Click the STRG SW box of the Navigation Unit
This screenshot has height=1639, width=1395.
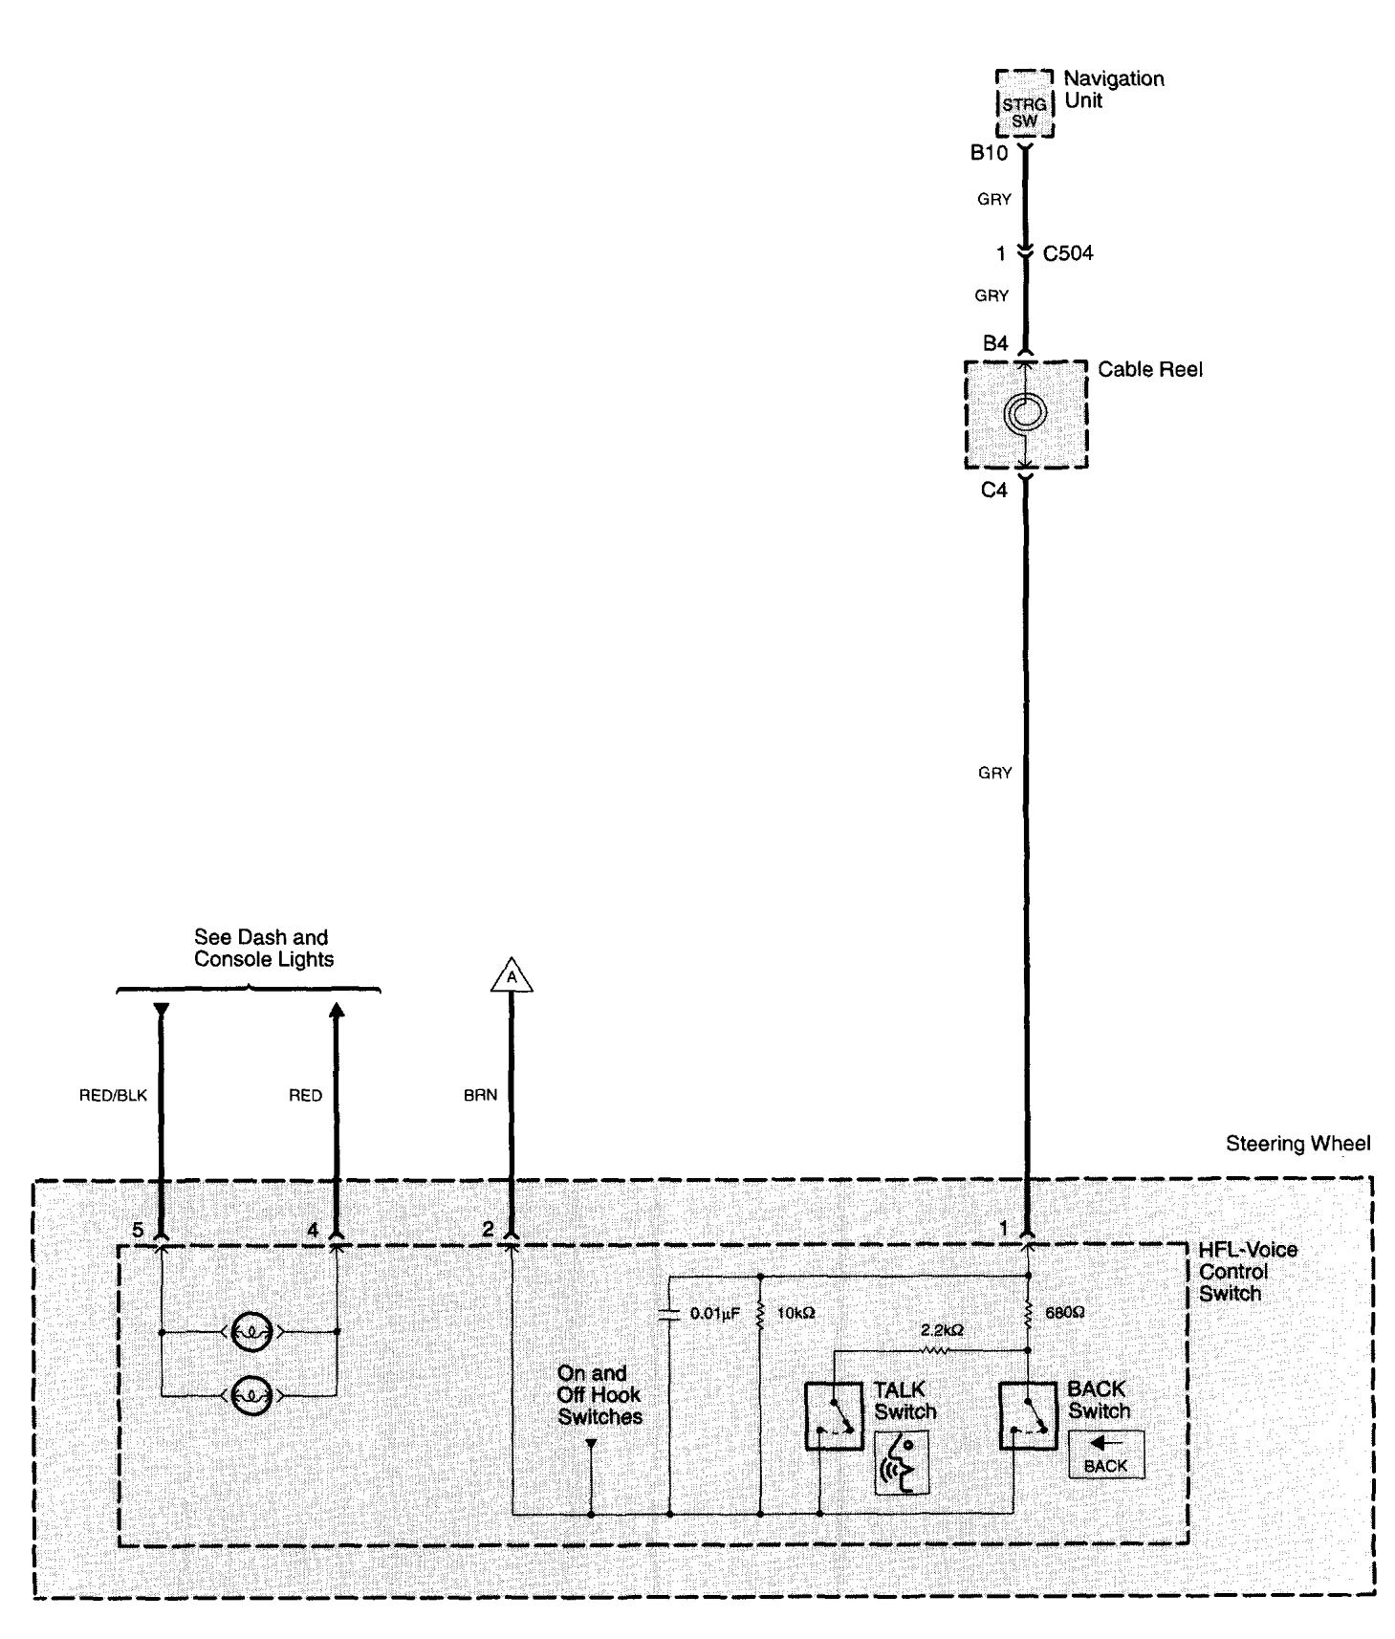pos(1024,113)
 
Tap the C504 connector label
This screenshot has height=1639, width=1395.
pos(1068,253)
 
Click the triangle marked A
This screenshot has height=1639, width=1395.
pos(512,976)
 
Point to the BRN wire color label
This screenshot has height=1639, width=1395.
pos(480,1096)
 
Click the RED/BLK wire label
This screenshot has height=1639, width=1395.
pos(113,1096)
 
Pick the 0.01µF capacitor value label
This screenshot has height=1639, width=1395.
pos(714,1314)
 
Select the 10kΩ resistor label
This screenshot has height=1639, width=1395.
pos(795,1314)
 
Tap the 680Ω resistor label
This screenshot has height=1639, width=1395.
pos(1064,1313)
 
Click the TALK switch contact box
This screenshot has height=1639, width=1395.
pos(834,1415)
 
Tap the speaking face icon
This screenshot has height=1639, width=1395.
pos(902,1462)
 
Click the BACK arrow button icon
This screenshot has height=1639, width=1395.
pos(1105,1454)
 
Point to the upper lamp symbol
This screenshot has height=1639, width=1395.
pos(251,1331)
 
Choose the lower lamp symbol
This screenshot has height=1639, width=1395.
pos(251,1395)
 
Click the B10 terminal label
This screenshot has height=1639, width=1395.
pos(989,153)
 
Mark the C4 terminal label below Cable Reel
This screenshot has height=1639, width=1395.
pos(994,491)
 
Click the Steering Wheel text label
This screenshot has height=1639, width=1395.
pos(1297,1144)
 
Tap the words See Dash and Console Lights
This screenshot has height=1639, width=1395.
pos(263,949)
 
